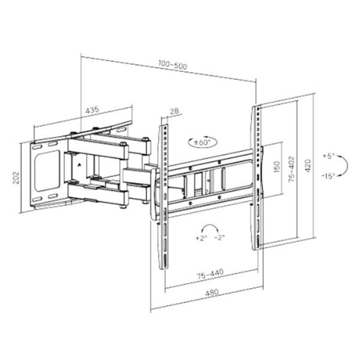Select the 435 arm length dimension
pyautogui.click(x=91, y=110)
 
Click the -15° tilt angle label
pyautogui.click(x=329, y=176)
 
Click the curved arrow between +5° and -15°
pyautogui.click(x=346, y=166)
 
